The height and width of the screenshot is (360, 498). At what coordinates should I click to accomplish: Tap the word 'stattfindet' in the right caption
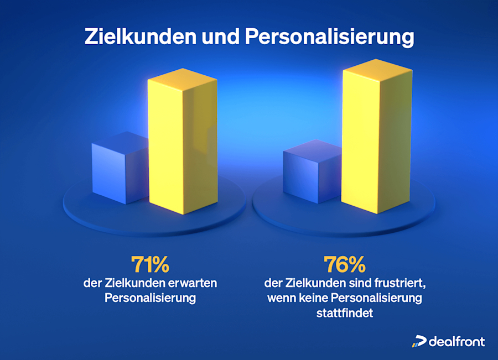[x=344, y=314]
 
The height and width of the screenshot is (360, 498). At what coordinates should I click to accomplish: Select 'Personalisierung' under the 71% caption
[x=150, y=299]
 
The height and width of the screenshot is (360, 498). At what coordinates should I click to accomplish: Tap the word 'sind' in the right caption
[x=345, y=283]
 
